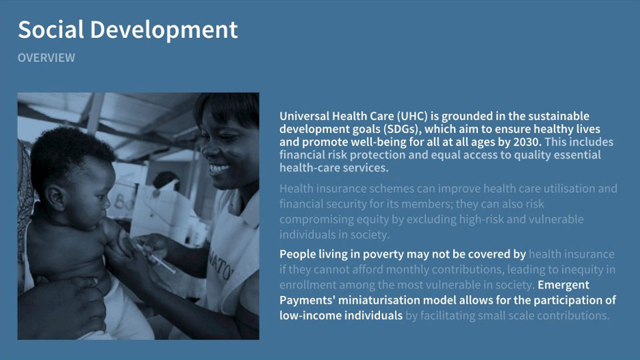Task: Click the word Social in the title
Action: coord(51,30)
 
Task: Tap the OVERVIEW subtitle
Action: coord(46,58)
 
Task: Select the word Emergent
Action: coord(563,285)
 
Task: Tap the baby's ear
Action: coord(55,197)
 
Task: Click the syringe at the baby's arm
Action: coord(158,258)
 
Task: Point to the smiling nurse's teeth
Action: coord(219,168)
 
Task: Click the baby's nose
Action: coord(106,200)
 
